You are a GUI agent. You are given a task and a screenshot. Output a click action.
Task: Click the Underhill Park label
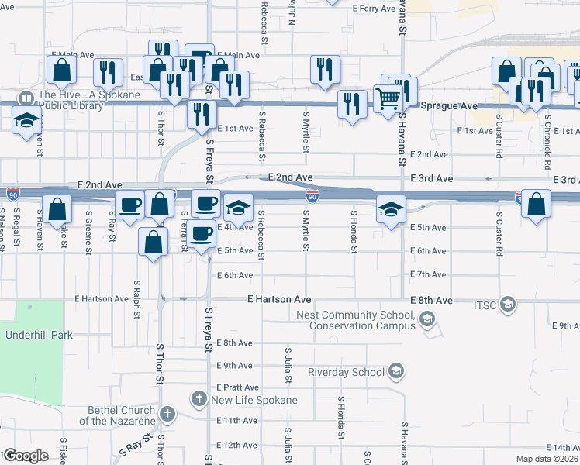coord(39,336)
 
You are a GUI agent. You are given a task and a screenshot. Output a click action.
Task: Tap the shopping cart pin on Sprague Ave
coord(387,98)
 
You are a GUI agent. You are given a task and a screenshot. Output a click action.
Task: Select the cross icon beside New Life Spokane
coord(199,399)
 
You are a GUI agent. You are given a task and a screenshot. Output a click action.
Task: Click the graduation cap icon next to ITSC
coord(508,302)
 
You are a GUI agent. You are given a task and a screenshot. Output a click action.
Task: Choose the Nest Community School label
coord(356,320)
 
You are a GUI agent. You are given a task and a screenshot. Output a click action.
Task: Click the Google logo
coord(25,455)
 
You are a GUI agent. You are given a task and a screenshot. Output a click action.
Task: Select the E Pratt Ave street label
coord(237,387)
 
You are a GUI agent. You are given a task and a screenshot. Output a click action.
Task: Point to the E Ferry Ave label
coord(374,9)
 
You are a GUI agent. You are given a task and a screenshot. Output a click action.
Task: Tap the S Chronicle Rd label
coord(547,143)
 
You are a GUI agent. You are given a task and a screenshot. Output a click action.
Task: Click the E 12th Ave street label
coord(236,446)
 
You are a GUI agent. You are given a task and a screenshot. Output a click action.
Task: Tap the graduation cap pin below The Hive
coord(27,121)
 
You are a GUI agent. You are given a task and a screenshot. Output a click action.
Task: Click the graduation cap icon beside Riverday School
coord(396,372)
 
